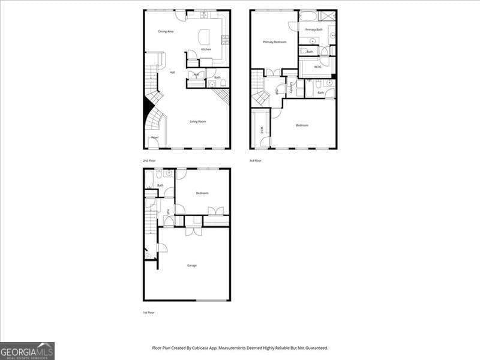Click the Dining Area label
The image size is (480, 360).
point(166,31)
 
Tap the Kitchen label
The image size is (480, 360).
point(206,49)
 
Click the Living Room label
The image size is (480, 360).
point(198,122)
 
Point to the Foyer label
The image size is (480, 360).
point(155,137)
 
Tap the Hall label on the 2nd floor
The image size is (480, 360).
point(172,73)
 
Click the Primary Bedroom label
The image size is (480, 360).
point(274,42)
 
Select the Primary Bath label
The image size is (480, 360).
point(314,29)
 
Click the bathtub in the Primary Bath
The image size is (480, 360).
point(308,16)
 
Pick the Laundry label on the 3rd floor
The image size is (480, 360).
point(292,88)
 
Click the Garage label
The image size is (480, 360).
point(191,265)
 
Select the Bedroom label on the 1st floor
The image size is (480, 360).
point(202,193)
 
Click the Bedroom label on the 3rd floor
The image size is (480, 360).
point(302,125)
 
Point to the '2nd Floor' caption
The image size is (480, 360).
point(149,161)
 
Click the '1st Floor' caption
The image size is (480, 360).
point(149,313)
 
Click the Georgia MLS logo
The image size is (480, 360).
point(27,350)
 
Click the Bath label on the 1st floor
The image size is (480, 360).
point(160,185)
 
